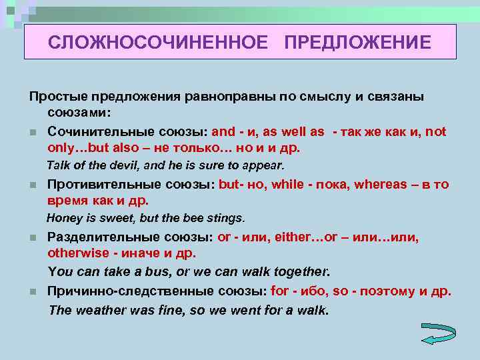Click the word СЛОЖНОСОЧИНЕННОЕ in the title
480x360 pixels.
158,43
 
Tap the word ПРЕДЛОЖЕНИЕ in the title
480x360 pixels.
357,43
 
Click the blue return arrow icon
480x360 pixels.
438,333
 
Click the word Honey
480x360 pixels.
63,217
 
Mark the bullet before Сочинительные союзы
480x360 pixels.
32,133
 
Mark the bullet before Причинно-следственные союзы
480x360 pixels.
32,292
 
